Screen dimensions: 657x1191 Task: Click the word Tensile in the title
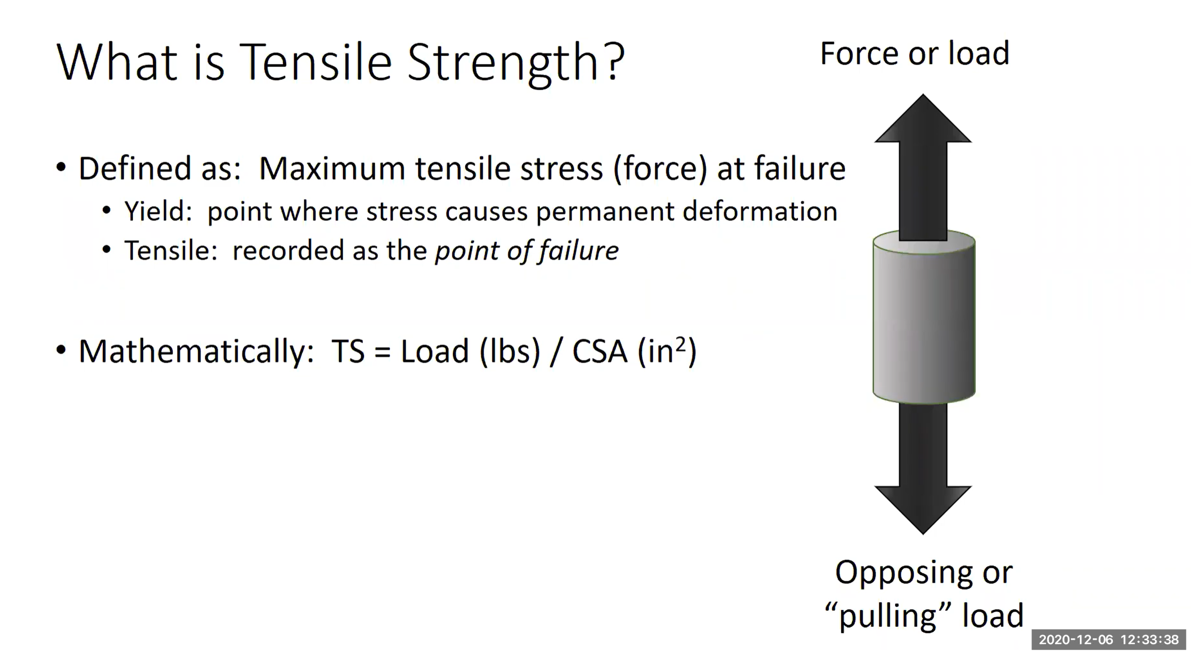pos(316,62)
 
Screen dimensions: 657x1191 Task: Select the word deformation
pos(760,212)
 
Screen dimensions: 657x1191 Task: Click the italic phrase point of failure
pos(526,251)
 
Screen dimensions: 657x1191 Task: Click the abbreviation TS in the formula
pos(348,352)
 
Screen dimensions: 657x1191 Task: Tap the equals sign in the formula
pos(382,352)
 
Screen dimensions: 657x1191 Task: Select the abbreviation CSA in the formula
pos(599,352)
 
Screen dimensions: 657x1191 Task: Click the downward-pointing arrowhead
pos(923,509)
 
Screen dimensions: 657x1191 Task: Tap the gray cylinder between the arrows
pos(924,321)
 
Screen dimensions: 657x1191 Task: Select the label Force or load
pos(915,53)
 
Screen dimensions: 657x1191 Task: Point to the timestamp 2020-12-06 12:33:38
pos(1109,640)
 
